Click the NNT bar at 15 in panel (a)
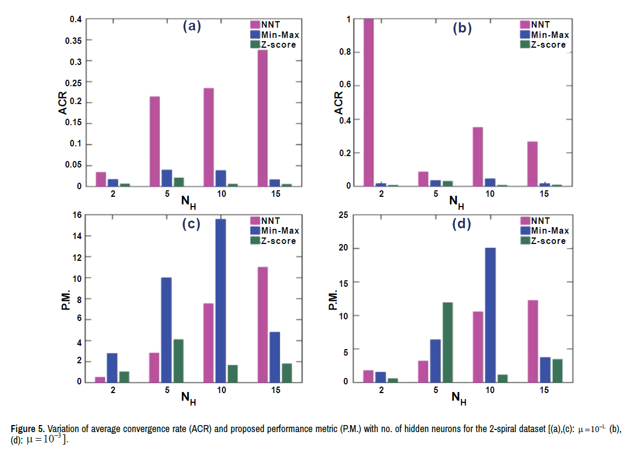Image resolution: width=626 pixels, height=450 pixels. [262, 118]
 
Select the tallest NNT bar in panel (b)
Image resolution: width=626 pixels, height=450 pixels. [368, 102]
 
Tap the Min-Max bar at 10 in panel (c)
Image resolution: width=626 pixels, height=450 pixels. [220, 301]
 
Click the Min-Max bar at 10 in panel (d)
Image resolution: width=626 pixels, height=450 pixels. [490, 315]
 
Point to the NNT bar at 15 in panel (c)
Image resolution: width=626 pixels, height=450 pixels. [262, 324]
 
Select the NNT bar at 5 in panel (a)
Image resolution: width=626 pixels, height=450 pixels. [154, 142]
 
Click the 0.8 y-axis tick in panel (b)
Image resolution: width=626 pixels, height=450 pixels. [344, 53]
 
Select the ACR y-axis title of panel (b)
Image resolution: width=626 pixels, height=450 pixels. [338, 102]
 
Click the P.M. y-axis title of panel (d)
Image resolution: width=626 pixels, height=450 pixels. [334, 298]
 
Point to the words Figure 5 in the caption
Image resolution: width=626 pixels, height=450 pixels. [27, 429]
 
